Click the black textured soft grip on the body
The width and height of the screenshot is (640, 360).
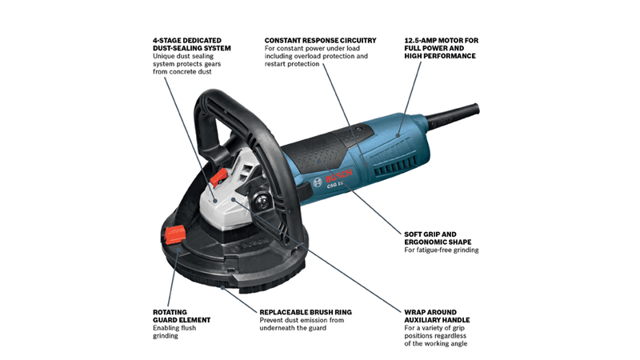click(x=320, y=144)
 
